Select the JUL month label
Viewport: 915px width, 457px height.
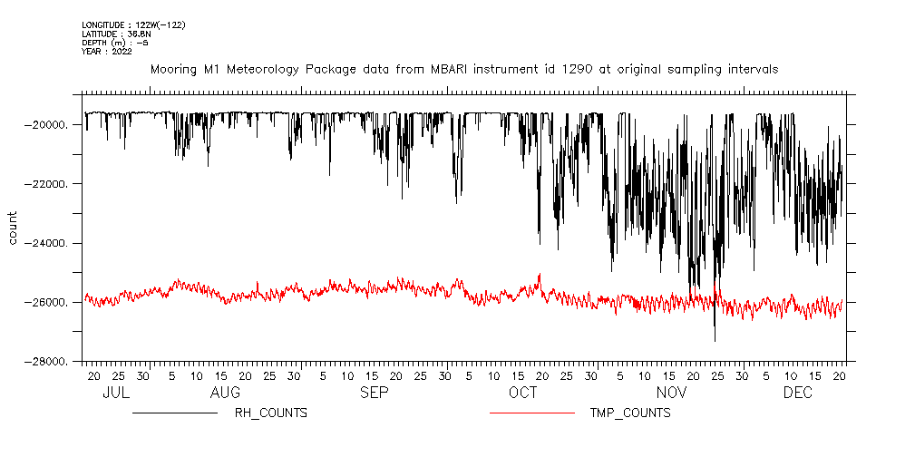(116, 393)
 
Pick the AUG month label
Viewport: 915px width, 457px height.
(225, 393)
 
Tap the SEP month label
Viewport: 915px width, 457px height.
(374, 393)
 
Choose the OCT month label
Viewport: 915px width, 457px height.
(522, 393)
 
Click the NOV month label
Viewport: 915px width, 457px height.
(672, 393)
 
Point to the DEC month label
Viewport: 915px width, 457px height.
(798, 393)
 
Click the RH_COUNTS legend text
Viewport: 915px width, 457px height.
(271, 413)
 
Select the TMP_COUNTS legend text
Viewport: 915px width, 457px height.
(630, 413)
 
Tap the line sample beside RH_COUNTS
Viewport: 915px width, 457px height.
(174, 413)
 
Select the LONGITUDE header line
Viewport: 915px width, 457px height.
(133, 24)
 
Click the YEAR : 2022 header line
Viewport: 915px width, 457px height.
(107, 52)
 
